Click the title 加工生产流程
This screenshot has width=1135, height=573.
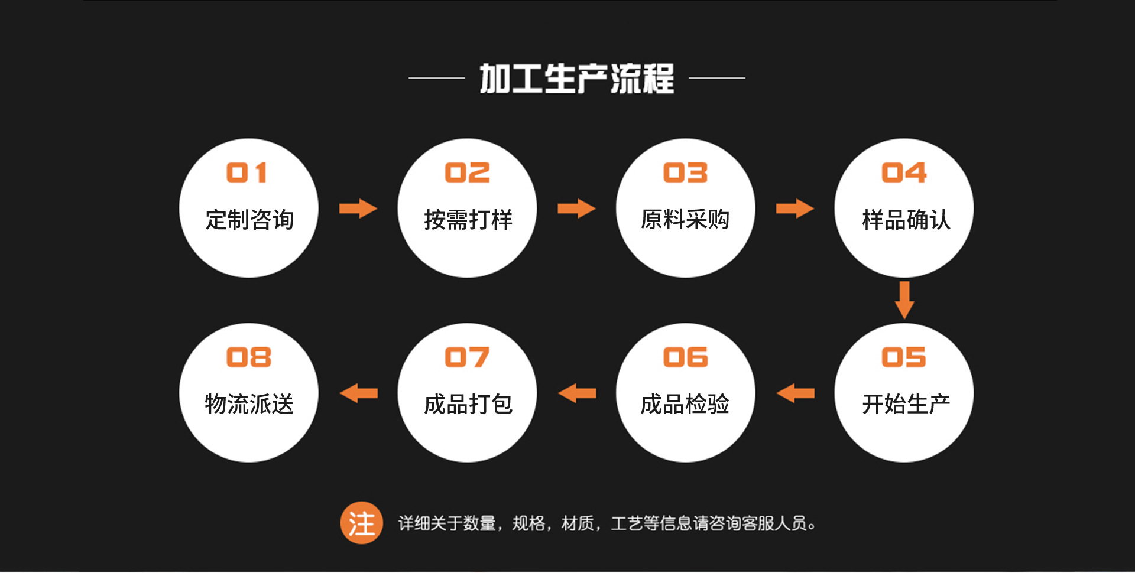[576, 78]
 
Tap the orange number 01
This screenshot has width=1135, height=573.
[248, 173]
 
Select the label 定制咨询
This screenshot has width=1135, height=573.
[249, 220]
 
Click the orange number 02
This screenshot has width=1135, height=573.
[467, 173]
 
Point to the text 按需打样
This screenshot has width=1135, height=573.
[468, 220]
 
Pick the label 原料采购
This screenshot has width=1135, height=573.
[685, 220]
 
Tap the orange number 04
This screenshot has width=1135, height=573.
[904, 173]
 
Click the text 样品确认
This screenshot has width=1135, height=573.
[906, 220]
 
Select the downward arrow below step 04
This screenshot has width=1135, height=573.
[904, 300]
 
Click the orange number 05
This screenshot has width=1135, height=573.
[904, 357]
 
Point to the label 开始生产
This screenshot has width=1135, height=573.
[906, 405]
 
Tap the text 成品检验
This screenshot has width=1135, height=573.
[685, 405]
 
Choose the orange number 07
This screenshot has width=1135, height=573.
[467, 357]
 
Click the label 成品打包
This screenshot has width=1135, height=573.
[468, 405]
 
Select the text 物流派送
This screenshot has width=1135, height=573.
[249, 405]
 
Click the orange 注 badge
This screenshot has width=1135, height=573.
[361, 523]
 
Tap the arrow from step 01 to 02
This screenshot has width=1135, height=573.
[358, 209]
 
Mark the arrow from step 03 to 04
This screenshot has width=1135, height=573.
[794, 209]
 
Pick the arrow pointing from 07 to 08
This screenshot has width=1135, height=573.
[359, 393]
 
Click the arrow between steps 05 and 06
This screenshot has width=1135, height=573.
[796, 393]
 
